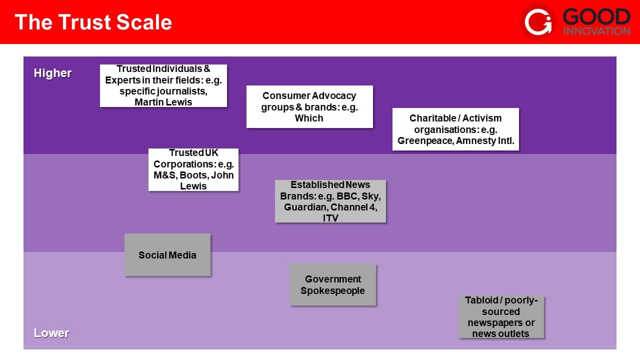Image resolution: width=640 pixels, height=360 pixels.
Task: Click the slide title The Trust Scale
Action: click(93, 22)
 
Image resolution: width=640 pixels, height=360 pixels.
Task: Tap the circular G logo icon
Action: click(538, 21)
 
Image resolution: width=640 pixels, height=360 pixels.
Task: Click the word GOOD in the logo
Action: click(596, 17)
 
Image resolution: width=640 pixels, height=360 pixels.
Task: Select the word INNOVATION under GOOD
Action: click(596, 31)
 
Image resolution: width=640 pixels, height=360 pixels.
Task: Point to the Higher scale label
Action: click(52, 73)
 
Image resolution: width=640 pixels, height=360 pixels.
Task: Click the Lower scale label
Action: click(51, 333)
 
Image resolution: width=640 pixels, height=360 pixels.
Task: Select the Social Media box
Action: click(167, 255)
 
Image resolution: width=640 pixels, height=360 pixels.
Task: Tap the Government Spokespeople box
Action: click(333, 284)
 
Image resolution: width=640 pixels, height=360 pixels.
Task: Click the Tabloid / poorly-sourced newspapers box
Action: click(501, 317)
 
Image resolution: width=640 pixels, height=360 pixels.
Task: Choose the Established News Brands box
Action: click(330, 201)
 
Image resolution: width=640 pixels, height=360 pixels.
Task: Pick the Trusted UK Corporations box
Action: click(193, 169)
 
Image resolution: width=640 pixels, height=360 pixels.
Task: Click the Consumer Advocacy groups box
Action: click(309, 106)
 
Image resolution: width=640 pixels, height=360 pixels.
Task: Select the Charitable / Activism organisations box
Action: click(455, 129)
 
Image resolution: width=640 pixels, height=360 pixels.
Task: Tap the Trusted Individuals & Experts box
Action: click(163, 85)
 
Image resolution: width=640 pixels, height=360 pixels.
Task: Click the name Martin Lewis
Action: click(163, 102)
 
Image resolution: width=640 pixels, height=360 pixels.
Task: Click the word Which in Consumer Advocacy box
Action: click(309, 118)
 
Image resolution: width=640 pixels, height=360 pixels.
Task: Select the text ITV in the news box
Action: click(330, 218)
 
